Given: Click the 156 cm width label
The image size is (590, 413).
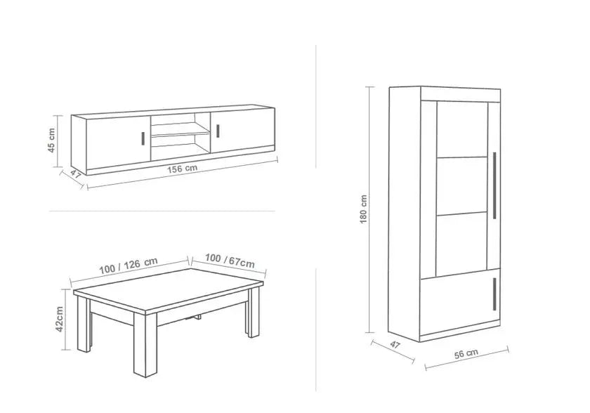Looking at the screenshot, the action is pyautogui.click(x=182, y=169).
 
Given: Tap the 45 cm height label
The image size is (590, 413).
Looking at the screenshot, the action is pyautogui.click(x=51, y=140).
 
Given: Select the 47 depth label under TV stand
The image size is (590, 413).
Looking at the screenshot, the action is pyautogui.click(x=76, y=174).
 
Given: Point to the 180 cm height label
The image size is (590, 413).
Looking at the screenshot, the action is pyautogui.click(x=364, y=209).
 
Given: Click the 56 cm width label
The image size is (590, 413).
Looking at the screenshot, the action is pyautogui.click(x=466, y=353).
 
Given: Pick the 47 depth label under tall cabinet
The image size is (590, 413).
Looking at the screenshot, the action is pyautogui.click(x=395, y=345).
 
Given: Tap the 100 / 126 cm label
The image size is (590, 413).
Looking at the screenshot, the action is pyautogui.click(x=129, y=265).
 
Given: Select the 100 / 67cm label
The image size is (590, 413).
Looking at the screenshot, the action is pyautogui.click(x=230, y=261).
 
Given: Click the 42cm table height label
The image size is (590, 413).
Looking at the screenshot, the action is pyautogui.click(x=60, y=319).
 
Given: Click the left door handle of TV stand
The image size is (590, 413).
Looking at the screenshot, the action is pyautogui.click(x=143, y=138).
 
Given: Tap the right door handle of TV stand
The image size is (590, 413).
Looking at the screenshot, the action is pyautogui.click(x=218, y=131).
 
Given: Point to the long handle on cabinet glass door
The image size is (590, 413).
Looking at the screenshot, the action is pyautogui.click(x=494, y=185).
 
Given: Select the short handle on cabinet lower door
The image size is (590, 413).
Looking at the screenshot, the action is pyautogui.click(x=494, y=294).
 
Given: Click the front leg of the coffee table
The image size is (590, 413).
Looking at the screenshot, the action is pyautogui.click(x=145, y=345).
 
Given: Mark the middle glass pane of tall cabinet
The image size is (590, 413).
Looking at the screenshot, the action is pyautogui.click(x=462, y=185).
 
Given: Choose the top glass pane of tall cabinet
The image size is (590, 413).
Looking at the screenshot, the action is pyautogui.click(x=462, y=129).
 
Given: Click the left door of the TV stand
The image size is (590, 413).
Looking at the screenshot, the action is pyautogui.click(x=119, y=143).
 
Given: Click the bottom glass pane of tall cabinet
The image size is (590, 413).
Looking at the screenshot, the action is pyautogui.click(x=462, y=244).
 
